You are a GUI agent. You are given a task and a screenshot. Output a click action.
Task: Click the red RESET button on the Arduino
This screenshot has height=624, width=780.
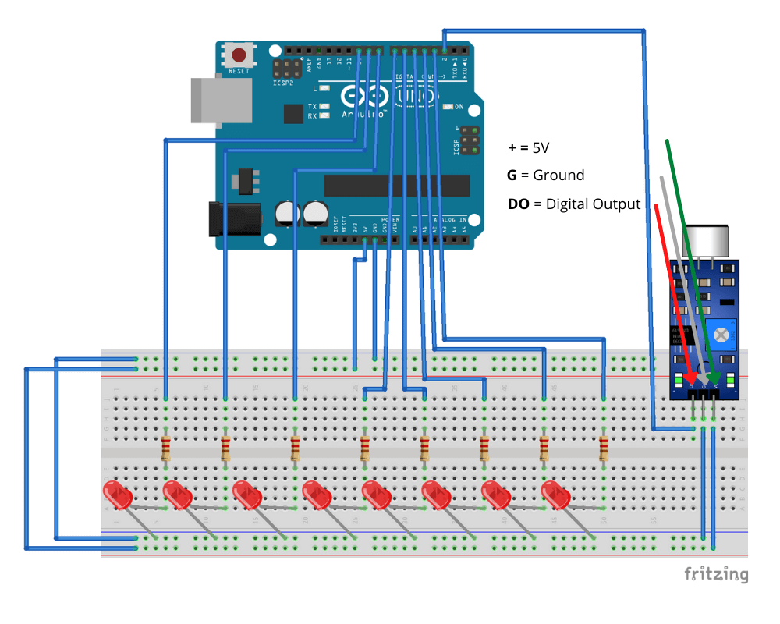239,55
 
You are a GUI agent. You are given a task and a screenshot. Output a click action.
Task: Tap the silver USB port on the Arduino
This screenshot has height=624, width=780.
222,100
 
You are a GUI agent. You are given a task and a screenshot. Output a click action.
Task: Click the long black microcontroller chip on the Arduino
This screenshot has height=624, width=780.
397,186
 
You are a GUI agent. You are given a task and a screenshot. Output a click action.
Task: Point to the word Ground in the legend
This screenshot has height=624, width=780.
558,175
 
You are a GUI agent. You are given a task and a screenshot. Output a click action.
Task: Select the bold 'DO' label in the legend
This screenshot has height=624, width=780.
518,204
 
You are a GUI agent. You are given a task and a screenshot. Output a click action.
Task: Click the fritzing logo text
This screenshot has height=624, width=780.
716,575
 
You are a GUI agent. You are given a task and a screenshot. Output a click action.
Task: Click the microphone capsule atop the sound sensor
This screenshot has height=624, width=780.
706,241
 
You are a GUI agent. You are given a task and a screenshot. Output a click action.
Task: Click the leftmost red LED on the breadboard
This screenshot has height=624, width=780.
117,494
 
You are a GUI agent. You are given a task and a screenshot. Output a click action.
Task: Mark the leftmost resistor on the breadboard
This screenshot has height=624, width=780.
165,449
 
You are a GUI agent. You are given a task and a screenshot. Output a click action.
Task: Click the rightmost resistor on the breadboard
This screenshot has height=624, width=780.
604,449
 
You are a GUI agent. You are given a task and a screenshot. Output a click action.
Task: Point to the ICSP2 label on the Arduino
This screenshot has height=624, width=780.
283,82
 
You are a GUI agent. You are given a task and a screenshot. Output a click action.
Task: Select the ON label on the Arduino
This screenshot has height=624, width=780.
459,107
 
